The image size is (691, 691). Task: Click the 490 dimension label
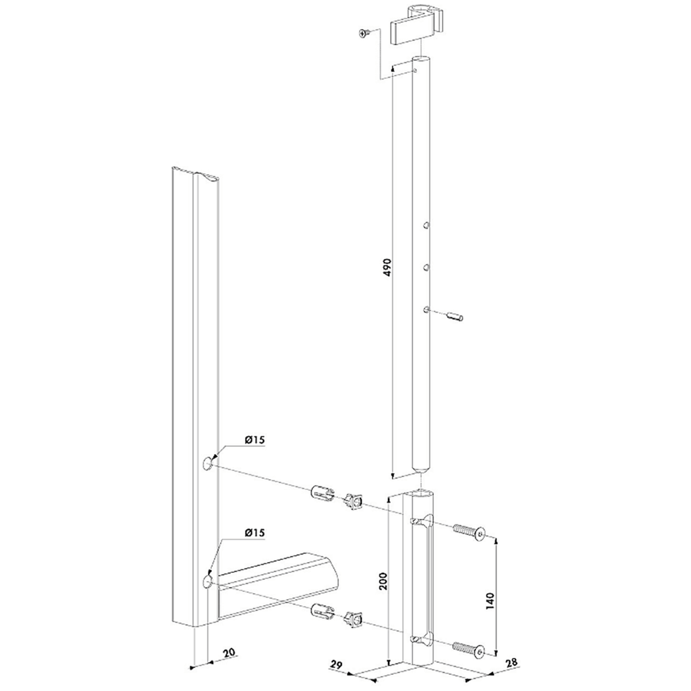pos(387,267)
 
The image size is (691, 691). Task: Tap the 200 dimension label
pos(383,581)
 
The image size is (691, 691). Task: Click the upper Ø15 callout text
pos(254,440)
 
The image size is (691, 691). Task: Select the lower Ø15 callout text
pos(254,533)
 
